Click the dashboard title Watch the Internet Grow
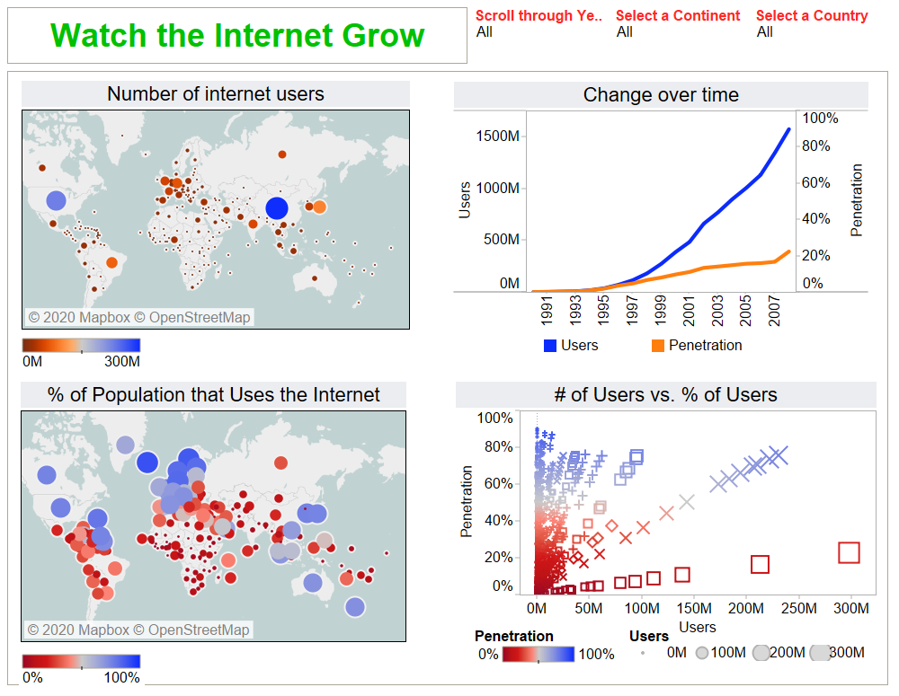point(237,36)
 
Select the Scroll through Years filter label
point(539,15)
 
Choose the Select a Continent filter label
point(678,15)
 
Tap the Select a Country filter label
point(812,15)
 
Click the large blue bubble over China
point(277,209)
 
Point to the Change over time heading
point(661,95)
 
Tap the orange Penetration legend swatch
point(657,346)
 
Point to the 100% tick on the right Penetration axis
point(820,118)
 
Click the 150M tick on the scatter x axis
point(693,609)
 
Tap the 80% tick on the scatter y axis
point(494,447)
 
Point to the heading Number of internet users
point(216,94)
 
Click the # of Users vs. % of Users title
point(665,395)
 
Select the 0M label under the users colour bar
point(32,362)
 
